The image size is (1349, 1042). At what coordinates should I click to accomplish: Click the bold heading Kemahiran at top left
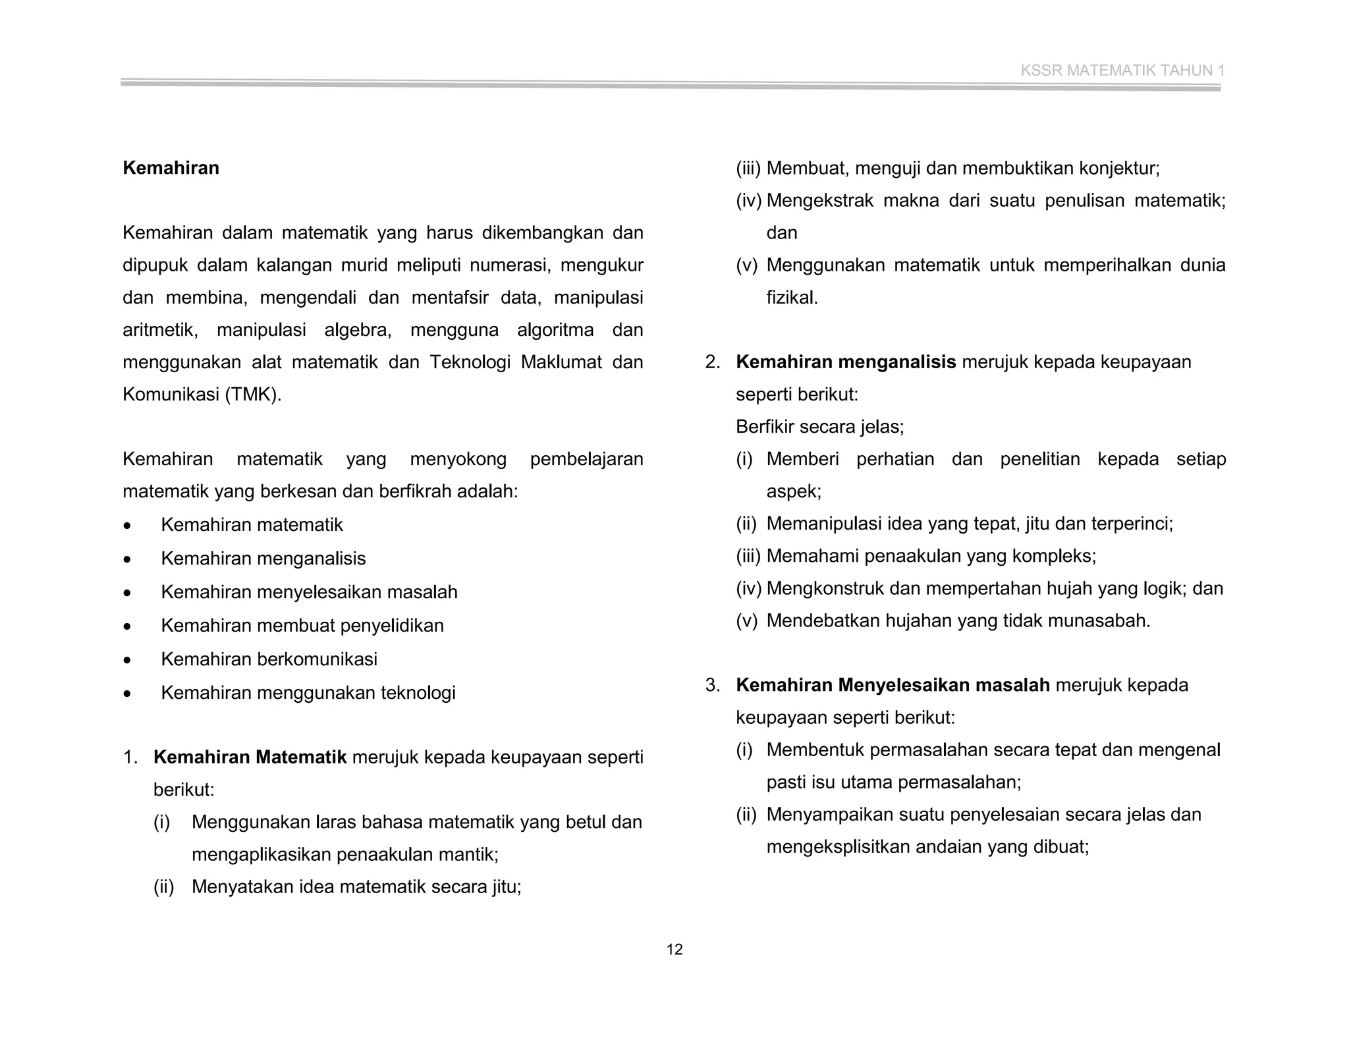[171, 168]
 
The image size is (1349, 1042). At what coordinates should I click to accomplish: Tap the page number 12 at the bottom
[674, 949]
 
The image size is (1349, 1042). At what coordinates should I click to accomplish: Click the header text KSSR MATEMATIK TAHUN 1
[1122, 70]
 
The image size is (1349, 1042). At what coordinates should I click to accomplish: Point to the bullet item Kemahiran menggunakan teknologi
[308, 693]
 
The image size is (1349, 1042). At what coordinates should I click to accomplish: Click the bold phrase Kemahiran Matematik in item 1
[250, 757]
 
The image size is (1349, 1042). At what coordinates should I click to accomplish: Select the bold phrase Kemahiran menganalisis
[845, 362]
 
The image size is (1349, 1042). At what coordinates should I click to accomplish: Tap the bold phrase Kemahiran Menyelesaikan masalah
[893, 685]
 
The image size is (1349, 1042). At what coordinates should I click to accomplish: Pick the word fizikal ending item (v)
[791, 298]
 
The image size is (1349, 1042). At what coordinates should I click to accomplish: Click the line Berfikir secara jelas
[819, 427]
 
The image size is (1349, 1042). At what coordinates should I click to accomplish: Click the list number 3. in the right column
[712, 685]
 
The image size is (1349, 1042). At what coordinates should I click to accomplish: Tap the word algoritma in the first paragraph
[555, 330]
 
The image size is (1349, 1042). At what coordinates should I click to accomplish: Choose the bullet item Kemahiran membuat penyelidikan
[302, 626]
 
